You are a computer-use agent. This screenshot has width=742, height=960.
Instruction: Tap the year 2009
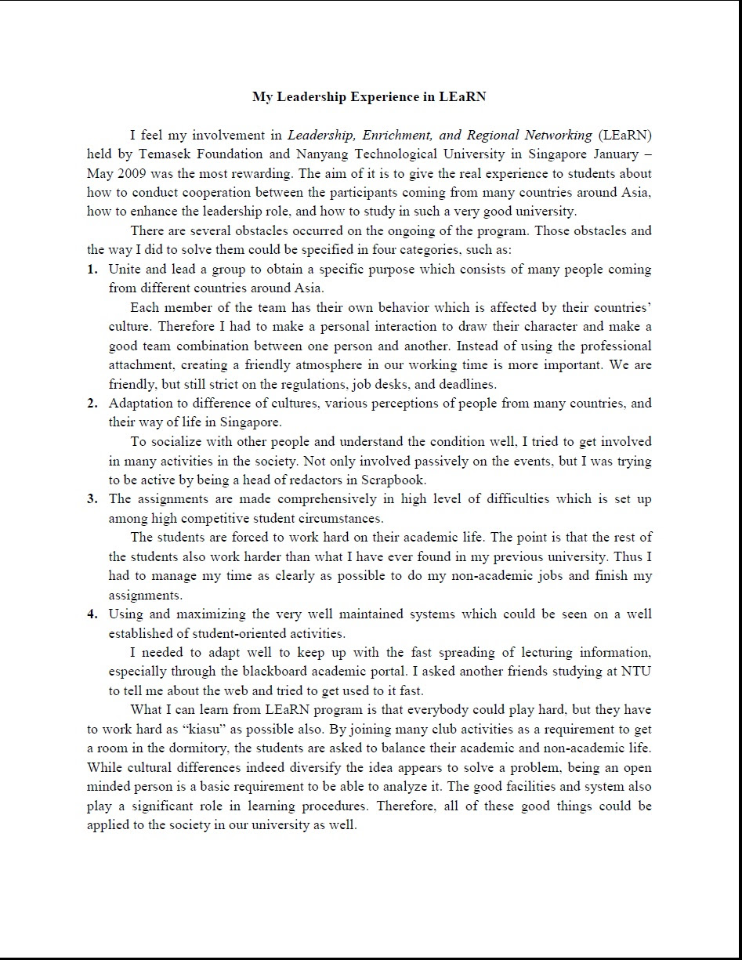129,173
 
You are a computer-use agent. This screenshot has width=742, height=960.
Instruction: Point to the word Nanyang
329,154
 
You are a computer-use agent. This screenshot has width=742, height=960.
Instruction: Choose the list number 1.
92,270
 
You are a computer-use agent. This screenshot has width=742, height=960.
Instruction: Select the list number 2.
92,404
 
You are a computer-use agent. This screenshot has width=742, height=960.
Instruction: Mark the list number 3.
92,499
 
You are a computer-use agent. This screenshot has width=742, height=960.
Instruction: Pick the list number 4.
92,614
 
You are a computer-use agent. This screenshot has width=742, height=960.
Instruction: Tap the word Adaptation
142,404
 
